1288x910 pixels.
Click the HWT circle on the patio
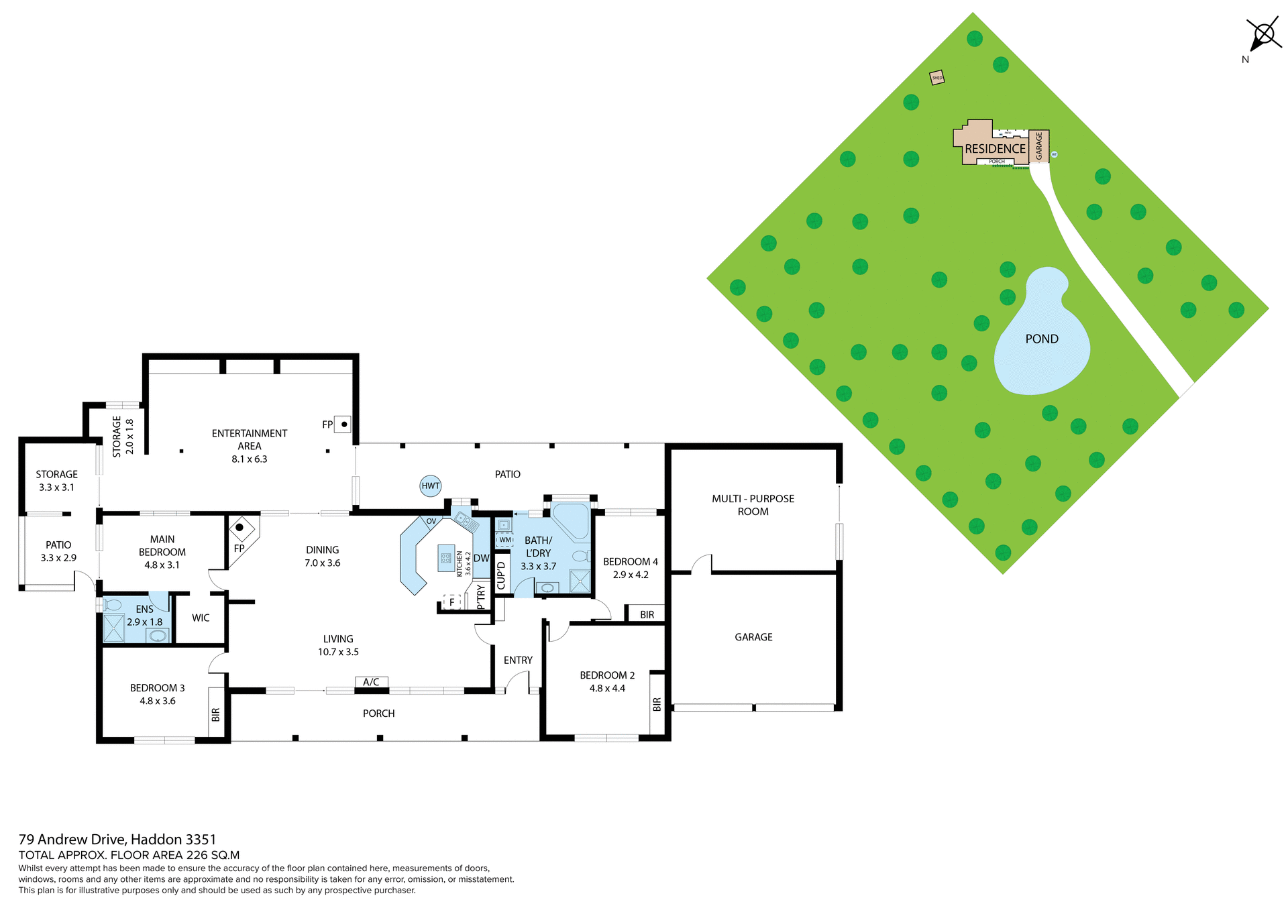pos(431,486)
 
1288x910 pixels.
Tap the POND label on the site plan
pos(1041,339)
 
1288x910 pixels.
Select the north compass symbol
pos(1263,34)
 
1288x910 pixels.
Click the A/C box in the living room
pos(371,682)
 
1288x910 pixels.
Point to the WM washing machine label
pos(504,540)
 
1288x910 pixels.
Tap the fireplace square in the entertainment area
pos(343,424)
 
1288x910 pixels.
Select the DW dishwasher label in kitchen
pos(481,558)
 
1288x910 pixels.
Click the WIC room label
pos(201,618)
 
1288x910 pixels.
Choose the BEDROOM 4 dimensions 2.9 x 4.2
pos(630,575)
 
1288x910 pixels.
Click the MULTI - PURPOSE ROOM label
pos(753,505)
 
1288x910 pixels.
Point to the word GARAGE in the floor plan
pos(753,637)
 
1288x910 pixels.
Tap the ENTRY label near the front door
pos(518,661)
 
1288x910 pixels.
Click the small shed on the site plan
pos(936,78)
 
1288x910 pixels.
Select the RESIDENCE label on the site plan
pos(995,149)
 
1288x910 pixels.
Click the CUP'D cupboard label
pos(501,575)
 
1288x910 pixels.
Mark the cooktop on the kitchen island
pos(445,558)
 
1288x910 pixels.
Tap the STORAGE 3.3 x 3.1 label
pos(56,481)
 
